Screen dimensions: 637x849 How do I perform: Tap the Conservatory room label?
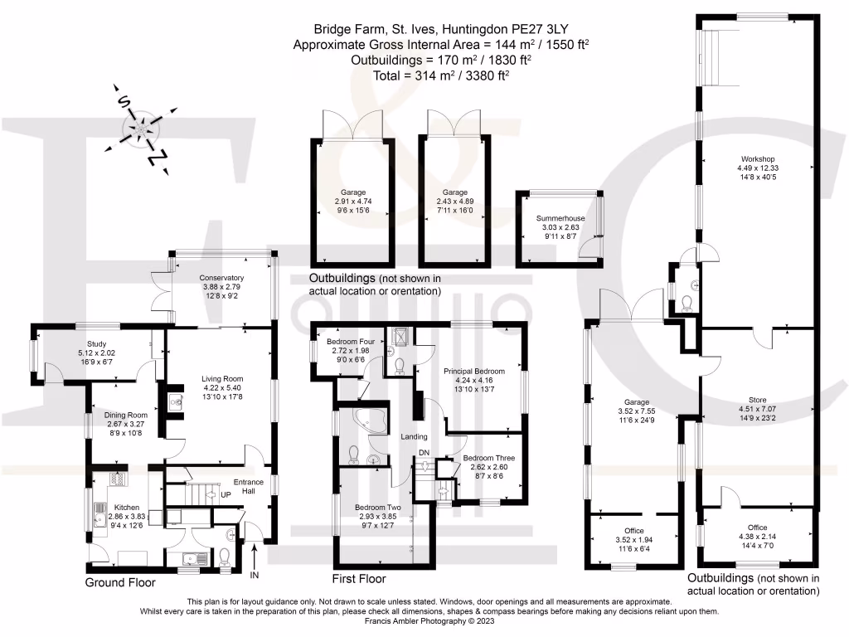pos(221,278)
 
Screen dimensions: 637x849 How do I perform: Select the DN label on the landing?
pos(424,452)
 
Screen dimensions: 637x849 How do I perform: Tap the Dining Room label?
pos(125,415)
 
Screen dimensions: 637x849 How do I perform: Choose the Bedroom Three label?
pos(488,458)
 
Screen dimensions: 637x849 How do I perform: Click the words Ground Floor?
pos(120,583)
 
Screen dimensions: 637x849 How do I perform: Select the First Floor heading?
pos(359,579)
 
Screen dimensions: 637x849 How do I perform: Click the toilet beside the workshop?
pos(684,304)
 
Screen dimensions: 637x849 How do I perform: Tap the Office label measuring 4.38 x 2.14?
pos(757,528)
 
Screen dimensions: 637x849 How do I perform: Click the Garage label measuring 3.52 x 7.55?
pos(636,401)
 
